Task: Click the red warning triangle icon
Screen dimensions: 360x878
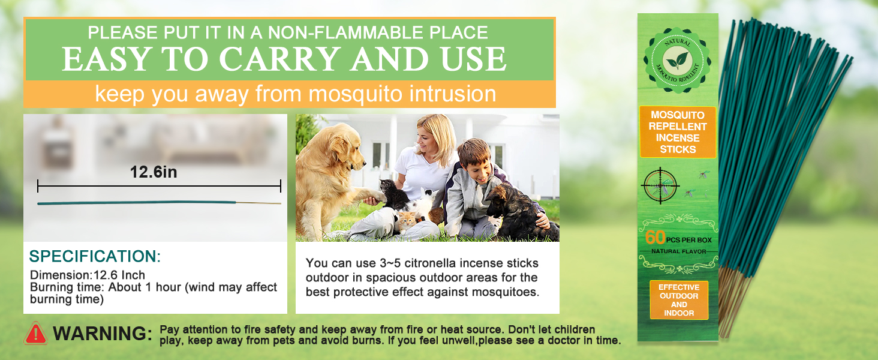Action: (35, 333)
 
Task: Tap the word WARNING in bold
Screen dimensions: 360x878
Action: (102, 334)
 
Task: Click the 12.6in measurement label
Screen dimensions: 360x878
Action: (154, 173)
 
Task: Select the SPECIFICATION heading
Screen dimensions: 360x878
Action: (95, 257)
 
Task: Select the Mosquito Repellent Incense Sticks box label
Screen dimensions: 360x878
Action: (678, 132)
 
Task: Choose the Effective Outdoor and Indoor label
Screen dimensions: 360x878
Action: (679, 300)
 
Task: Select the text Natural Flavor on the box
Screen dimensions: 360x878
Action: (678, 251)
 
